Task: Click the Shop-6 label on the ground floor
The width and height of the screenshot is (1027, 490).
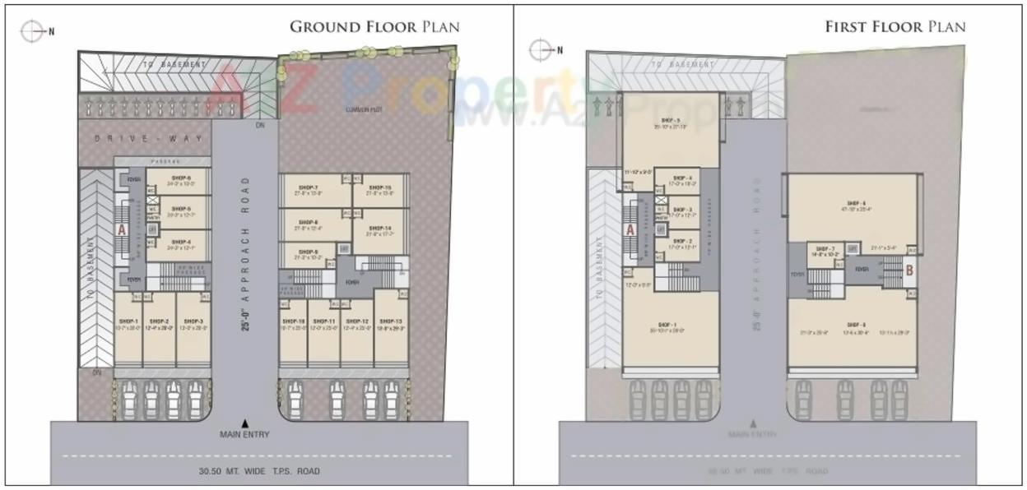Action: (181, 178)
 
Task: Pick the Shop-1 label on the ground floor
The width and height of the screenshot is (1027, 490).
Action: (127, 321)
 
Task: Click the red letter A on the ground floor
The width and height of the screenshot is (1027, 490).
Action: (121, 231)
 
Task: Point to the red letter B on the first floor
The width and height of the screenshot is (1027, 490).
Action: (909, 269)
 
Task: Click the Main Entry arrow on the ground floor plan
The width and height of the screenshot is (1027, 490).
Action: (244, 423)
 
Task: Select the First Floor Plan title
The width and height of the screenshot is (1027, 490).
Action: (895, 26)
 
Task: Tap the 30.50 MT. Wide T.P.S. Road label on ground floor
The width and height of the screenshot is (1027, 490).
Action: (258, 471)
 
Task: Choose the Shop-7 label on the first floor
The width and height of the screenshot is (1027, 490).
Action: (825, 248)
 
